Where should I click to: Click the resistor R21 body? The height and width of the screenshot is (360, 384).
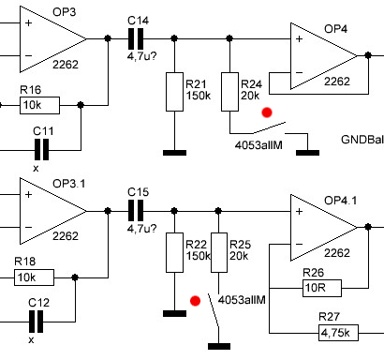click(x=174, y=92)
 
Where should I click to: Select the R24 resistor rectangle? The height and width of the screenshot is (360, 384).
click(x=229, y=92)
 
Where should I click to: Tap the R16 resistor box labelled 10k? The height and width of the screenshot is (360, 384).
click(x=39, y=105)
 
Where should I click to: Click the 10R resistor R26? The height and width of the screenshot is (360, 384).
click(x=322, y=288)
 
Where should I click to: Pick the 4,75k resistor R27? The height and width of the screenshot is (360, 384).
click(x=338, y=333)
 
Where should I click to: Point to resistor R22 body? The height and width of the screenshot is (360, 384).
click(x=174, y=252)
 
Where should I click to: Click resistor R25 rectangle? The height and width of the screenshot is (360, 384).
click(x=219, y=252)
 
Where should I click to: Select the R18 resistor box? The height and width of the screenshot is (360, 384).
click(x=34, y=277)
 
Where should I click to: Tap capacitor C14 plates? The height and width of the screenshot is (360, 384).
click(x=136, y=38)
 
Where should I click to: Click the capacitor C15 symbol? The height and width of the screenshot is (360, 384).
click(x=136, y=211)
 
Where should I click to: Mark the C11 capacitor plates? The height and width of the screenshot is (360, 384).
click(x=41, y=150)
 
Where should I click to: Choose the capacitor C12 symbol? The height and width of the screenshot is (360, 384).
click(x=36, y=322)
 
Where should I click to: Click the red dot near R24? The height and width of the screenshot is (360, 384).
click(x=267, y=112)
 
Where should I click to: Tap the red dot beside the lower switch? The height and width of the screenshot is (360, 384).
click(x=195, y=301)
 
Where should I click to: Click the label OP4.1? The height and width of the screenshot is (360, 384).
click(x=340, y=201)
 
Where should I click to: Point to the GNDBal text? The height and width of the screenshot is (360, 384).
click(x=362, y=140)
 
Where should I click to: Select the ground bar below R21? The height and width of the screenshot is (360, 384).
click(x=174, y=153)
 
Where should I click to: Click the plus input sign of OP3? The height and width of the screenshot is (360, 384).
click(x=29, y=22)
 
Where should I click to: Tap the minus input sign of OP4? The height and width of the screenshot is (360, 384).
click(x=299, y=72)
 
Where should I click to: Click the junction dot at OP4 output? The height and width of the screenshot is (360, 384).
click(x=368, y=55)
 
